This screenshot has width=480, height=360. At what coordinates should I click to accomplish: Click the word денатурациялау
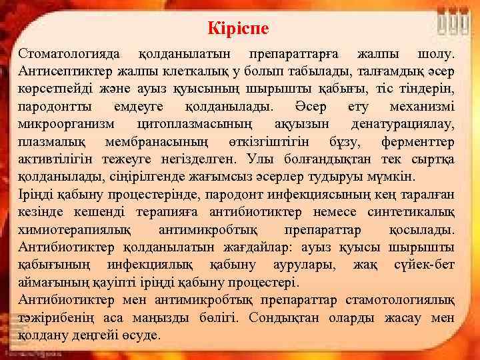(403, 125)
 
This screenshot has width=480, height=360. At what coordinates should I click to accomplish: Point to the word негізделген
(203, 160)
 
